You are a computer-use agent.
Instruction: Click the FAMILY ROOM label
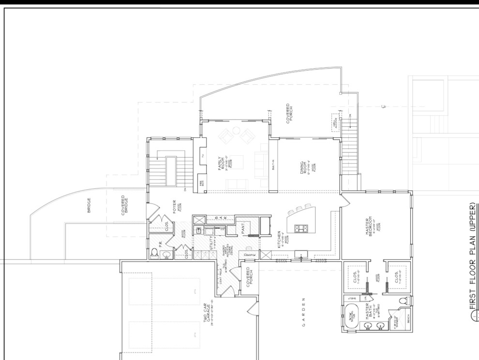(x=221, y=165)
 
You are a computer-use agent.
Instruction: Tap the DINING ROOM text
(x=302, y=167)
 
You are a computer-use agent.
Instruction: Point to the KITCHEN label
(x=280, y=239)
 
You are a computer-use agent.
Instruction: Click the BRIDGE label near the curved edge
(x=89, y=205)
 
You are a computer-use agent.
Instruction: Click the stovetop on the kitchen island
(x=299, y=229)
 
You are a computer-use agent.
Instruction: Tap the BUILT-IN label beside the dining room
(x=273, y=165)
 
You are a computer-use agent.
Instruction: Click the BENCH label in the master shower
(x=407, y=320)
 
